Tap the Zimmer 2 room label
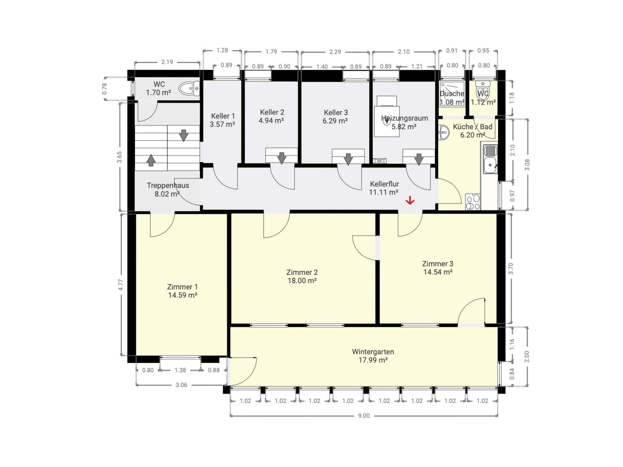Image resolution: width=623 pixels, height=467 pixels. click(x=302, y=272)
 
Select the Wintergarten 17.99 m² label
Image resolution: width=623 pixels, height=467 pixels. click(x=373, y=356)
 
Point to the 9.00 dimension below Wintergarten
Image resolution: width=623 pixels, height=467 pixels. click(x=364, y=416)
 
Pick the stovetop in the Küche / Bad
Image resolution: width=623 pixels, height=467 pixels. click(x=472, y=202)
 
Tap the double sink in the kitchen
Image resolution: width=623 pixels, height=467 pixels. click(x=490, y=159)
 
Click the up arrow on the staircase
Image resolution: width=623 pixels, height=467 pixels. click(x=151, y=160)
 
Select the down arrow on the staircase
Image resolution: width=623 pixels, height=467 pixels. click(x=184, y=135)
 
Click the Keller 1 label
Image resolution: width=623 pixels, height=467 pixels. click(x=223, y=116)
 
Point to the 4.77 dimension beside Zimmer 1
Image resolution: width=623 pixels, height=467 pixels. click(x=121, y=285)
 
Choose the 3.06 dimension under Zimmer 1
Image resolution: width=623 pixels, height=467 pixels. click(x=181, y=385)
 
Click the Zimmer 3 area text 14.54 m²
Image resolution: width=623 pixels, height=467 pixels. click(x=438, y=272)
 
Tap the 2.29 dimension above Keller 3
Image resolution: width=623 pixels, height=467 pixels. click(x=335, y=52)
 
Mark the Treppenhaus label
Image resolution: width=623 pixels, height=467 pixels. click(x=168, y=186)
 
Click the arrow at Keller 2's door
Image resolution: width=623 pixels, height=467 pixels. click(x=281, y=158)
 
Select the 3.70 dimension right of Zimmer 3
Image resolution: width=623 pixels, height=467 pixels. click(x=511, y=269)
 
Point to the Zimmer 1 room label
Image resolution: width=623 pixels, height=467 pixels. click(x=182, y=287)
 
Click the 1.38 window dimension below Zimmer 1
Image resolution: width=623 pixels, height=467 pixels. click(x=180, y=370)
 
